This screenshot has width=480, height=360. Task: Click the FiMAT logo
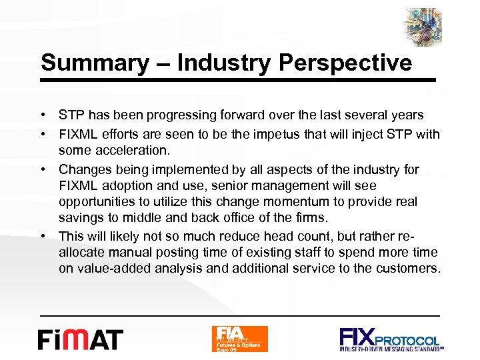click(x=80, y=339)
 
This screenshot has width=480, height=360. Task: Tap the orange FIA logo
click(x=239, y=339)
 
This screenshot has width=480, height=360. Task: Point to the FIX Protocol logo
click(x=391, y=339)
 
